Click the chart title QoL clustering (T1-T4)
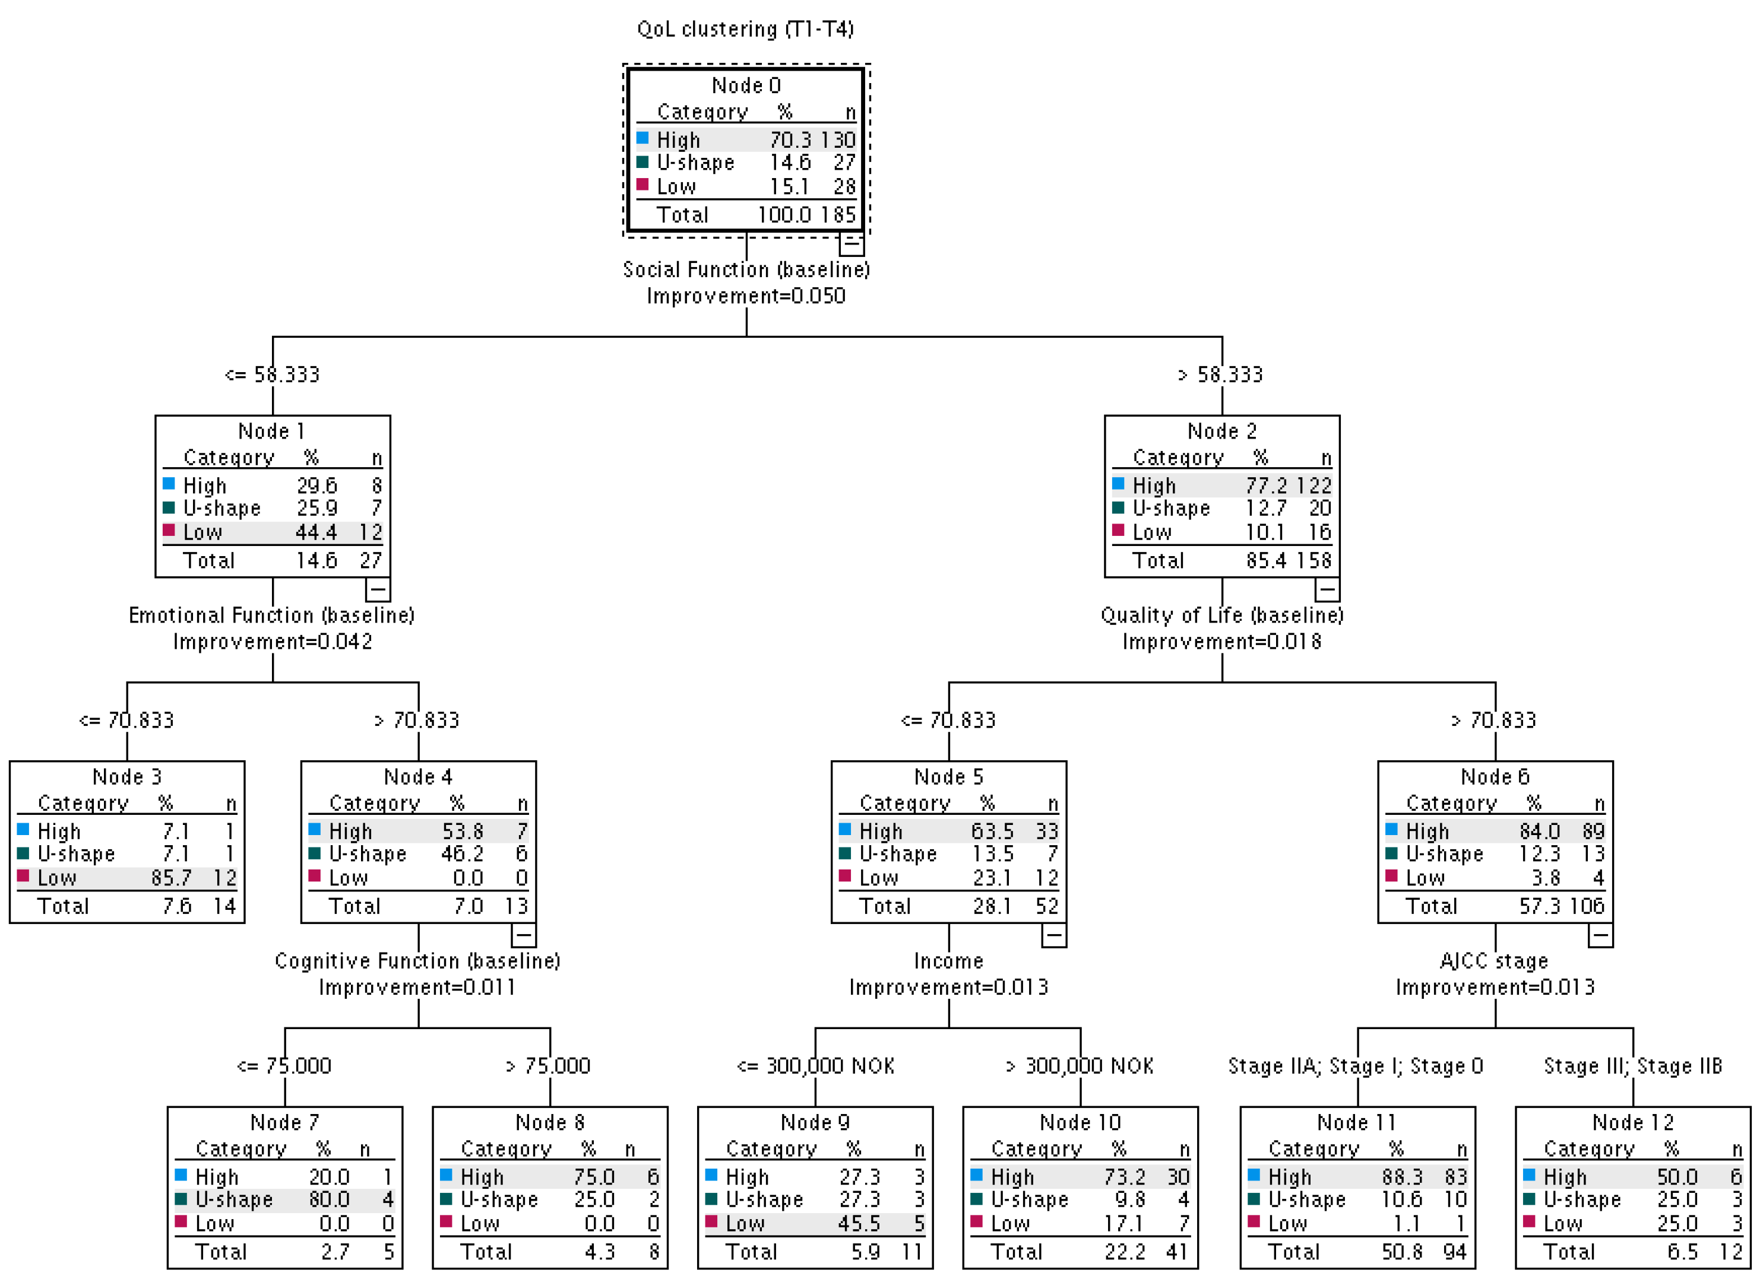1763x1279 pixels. click(x=745, y=30)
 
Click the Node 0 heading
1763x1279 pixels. click(x=745, y=85)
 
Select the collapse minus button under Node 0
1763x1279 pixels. click(x=851, y=244)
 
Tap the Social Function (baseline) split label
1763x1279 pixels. click(x=745, y=269)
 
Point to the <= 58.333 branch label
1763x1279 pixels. click(x=272, y=375)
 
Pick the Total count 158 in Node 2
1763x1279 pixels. click(x=1313, y=560)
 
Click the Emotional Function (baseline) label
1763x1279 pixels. click(x=271, y=615)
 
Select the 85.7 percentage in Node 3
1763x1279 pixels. click(x=170, y=878)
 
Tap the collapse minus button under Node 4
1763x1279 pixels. click(x=523, y=935)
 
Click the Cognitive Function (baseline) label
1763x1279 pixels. click(x=417, y=961)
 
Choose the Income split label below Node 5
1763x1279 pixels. click(x=948, y=961)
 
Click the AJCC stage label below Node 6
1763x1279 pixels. click(x=1494, y=961)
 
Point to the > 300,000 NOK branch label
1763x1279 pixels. click(x=1080, y=1066)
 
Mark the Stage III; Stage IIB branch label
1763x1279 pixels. click(x=1632, y=1066)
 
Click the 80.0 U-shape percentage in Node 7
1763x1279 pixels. click(x=329, y=1199)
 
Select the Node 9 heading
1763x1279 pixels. click(x=815, y=1123)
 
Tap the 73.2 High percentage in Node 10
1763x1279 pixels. click(x=1124, y=1177)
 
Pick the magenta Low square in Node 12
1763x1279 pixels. click(x=1529, y=1221)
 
